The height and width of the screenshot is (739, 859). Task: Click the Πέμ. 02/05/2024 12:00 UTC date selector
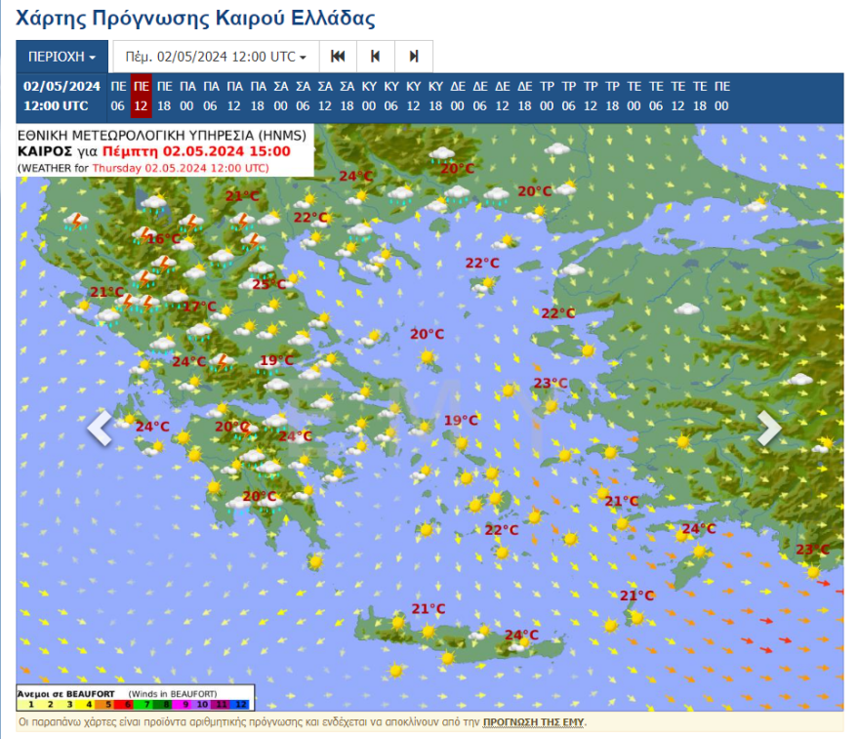pyautogui.click(x=216, y=57)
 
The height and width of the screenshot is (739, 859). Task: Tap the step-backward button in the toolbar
pyautogui.click(x=375, y=57)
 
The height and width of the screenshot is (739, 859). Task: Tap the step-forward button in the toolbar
pyautogui.click(x=414, y=57)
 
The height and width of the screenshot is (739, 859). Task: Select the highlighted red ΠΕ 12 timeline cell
pyautogui.click(x=141, y=96)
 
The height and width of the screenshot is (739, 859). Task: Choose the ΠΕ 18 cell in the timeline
pyautogui.click(x=164, y=96)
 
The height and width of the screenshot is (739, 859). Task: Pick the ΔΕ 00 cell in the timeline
pyautogui.click(x=458, y=96)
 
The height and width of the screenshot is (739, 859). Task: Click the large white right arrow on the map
pyautogui.click(x=770, y=429)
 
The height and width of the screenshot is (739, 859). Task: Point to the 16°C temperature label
pyautogui.click(x=163, y=238)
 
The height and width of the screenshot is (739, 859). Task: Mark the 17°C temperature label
pyautogui.click(x=200, y=306)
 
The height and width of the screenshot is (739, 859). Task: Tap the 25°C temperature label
pyautogui.click(x=268, y=284)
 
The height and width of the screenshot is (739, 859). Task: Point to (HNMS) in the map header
pyautogui.click(x=280, y=136)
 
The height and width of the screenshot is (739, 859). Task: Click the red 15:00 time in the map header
pyautogui.click(x=269, y=151)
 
